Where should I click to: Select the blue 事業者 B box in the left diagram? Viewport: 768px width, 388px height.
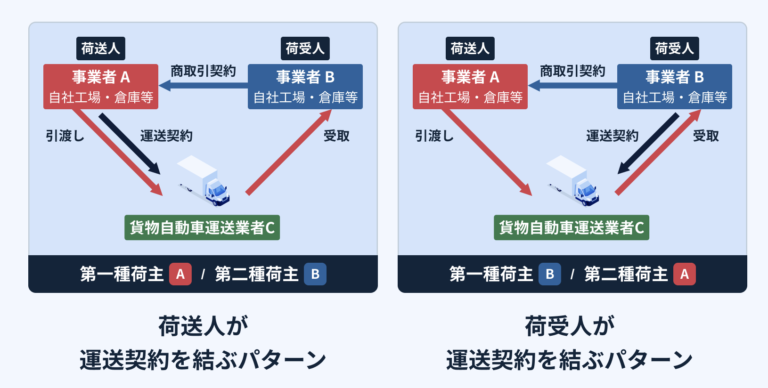305,87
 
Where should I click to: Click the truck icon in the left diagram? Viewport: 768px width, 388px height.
203,178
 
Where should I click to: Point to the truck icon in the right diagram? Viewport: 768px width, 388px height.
573,178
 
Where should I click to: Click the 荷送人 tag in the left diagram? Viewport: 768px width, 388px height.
102,48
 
